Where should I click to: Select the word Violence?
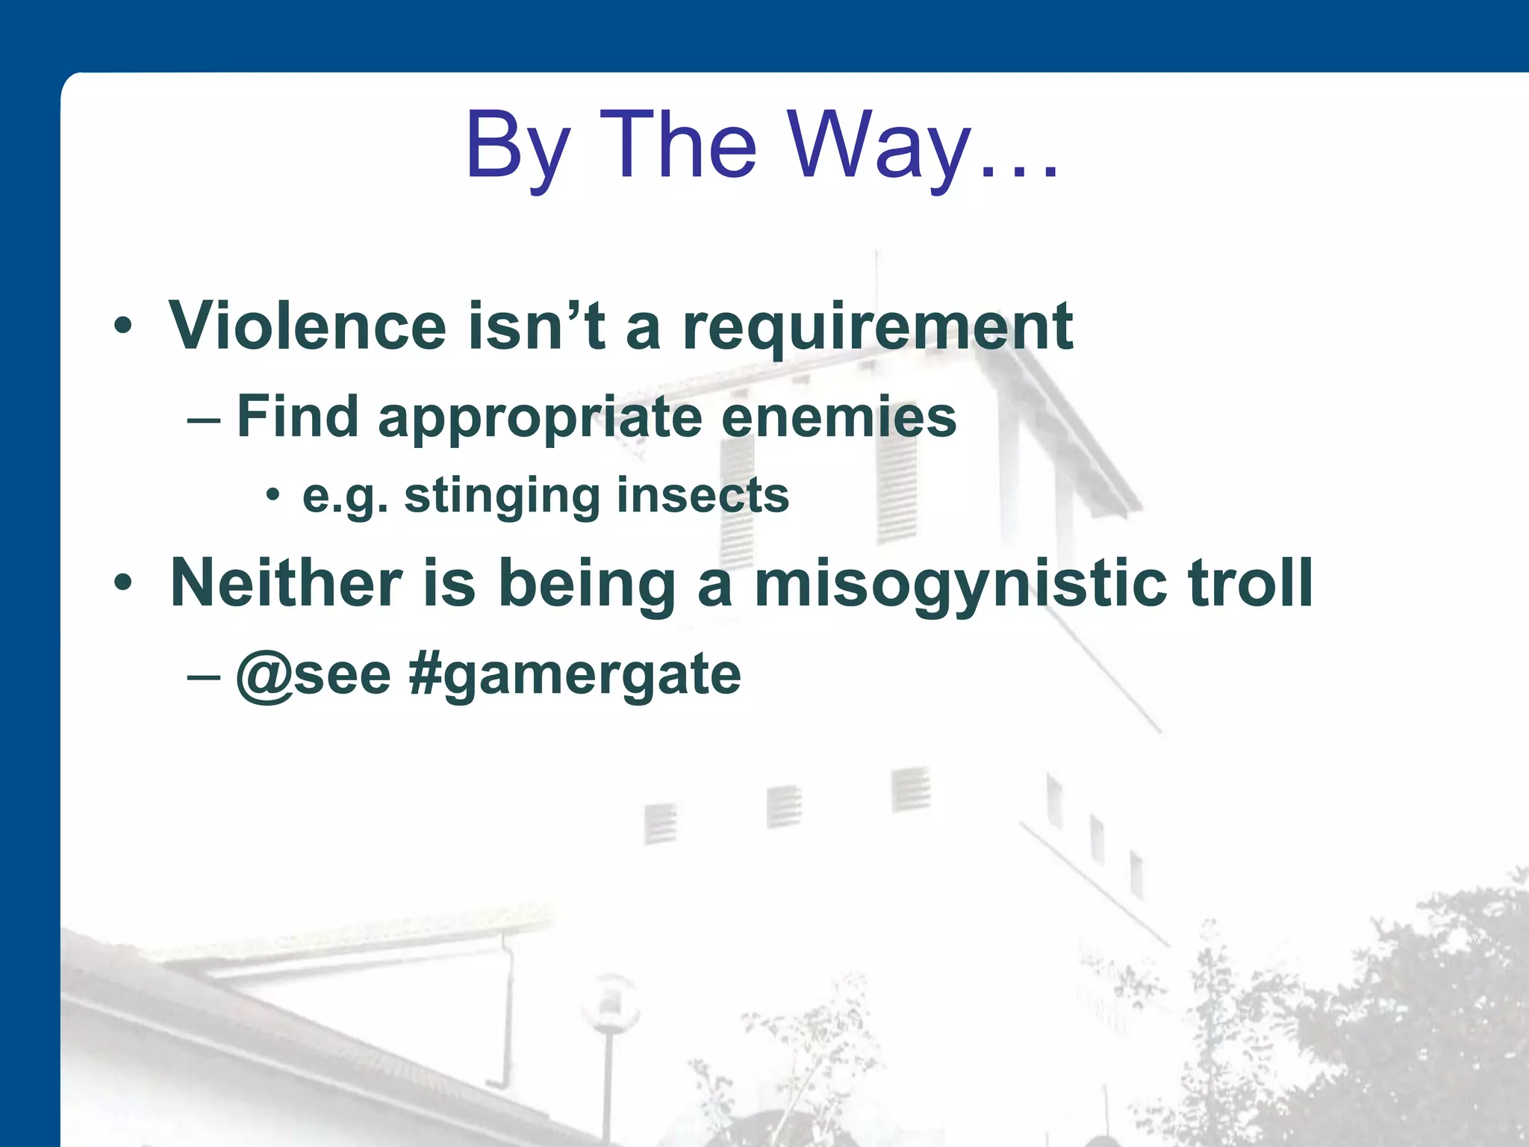coord(308,326)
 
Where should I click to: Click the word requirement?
coord(878,327)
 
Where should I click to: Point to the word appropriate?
coord(541,418)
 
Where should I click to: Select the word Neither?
coord(287,583)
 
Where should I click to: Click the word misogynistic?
coord(960,585)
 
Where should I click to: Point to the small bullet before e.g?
coord(273,494)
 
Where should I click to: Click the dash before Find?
coord(204,420)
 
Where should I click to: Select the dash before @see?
coord(204,677)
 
